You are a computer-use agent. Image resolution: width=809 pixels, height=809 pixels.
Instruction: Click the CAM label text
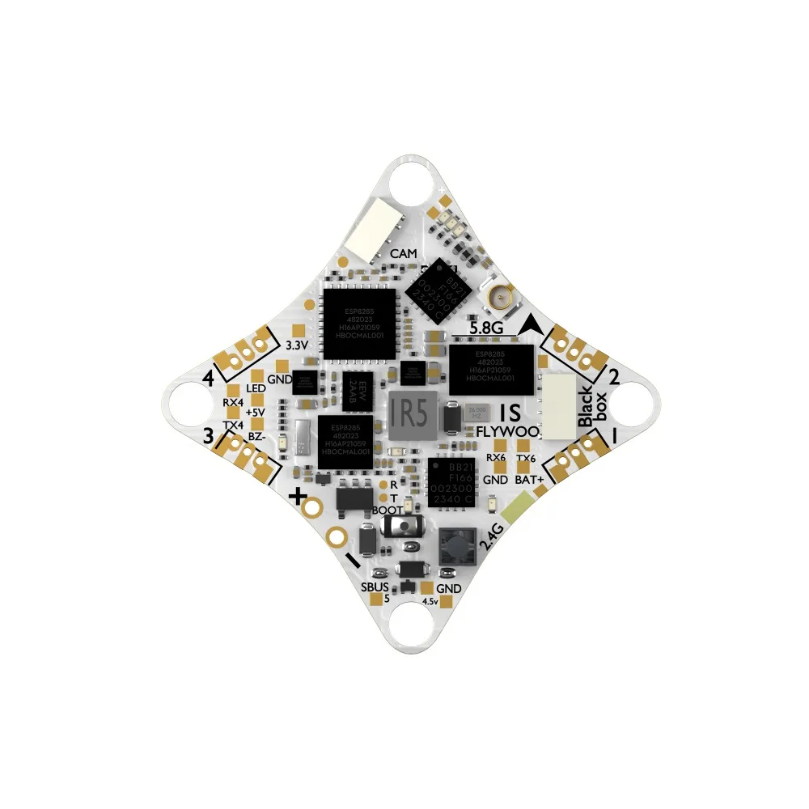[404, 254]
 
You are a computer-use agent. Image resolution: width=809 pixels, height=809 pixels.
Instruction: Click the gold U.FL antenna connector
[499, 300]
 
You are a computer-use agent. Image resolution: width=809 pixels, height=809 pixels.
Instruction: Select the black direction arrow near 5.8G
[531, 325]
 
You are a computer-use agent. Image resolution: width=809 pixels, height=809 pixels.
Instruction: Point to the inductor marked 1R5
[409, 417]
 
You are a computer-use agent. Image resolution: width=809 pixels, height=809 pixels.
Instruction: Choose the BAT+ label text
[529, 480]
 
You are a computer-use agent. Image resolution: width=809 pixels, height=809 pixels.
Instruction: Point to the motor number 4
[209, 377]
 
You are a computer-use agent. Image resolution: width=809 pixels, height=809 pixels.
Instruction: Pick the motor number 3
[209, 437]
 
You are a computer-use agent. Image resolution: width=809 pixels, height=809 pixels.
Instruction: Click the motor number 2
[614, 376]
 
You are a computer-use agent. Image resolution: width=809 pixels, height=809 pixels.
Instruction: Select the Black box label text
[588, 409]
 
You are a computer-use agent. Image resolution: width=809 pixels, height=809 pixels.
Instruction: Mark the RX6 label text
[495, 458]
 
